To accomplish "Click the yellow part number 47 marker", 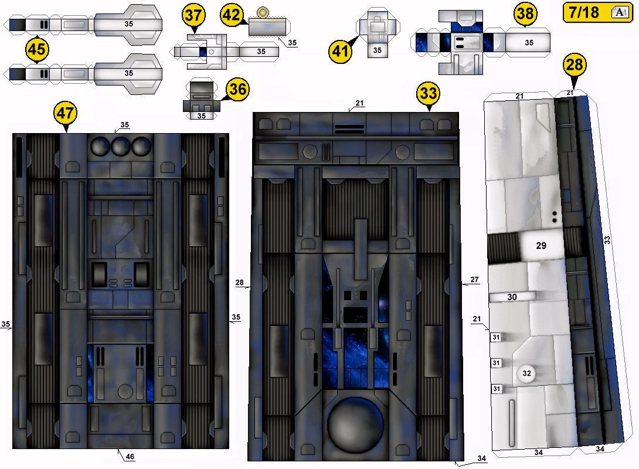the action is pyautogui.click(x=66, y=113).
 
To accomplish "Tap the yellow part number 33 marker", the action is pyautogui.click(x=429, y=93).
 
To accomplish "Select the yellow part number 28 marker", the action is pyautogui.click(x=575, y=65).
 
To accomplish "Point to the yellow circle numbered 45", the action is pyautogui.click(x=37, y=50).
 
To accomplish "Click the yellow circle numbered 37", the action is pyautogui.click(x=193, y=15).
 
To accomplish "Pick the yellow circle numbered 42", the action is pyautogui.click(x=232, y=15).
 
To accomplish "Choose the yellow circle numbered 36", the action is pyautogui.click(x=237, y=89).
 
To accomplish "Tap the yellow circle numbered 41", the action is pyautogui.click(x=340, y=52).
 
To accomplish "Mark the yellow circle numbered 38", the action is pyautogui.click(x=525, y=14).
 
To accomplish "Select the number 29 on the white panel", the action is pyautogui.click(x=541, y=246).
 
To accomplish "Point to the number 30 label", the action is pyautogui.click(x=512, y=297).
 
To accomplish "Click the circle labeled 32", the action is pyautogui.click(x=526, y=373).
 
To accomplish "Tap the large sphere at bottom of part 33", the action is pyautogui.click(x=355, y=424).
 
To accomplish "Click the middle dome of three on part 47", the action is pyautogui.click(x=121, y=147).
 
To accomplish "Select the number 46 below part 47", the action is pyautogui.click(x=130, y=456).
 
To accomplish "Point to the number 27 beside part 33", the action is pyautogui.click(x=474, y=280).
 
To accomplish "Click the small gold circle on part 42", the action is pyautogui.click(x=263, y=12).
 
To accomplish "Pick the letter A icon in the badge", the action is pyautogui.click(x=620, y=12).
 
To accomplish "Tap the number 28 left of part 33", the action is pyautogui.click(x=240, y=283).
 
